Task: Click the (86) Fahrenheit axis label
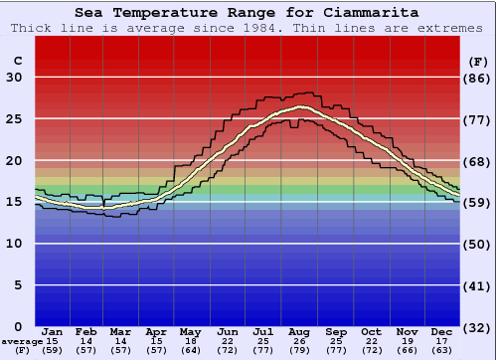477,78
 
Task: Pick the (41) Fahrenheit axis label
477,285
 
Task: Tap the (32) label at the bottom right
477,327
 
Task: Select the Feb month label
87,332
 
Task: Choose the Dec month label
442,332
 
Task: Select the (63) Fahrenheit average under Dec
442,351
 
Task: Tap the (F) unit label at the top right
477,61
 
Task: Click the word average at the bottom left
21,342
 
